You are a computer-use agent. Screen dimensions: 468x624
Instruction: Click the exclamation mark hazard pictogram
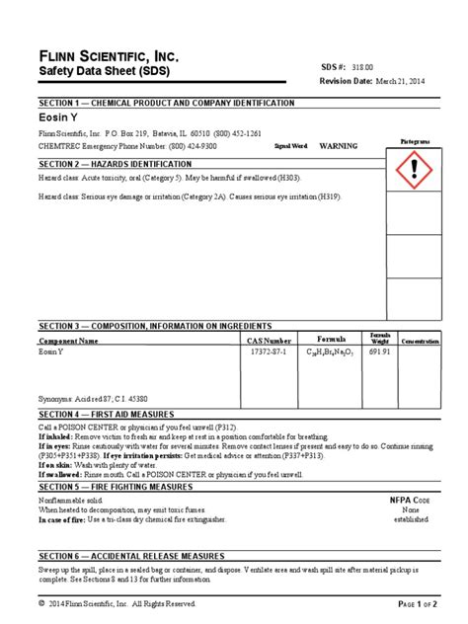click(x=414, y=172)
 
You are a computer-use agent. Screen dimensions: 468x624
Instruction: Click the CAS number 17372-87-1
click(x=268, y=351)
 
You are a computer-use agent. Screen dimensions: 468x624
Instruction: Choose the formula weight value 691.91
click(x=379, y=351)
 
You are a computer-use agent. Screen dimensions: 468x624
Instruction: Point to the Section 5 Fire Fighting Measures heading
click(x=116, y=488)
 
